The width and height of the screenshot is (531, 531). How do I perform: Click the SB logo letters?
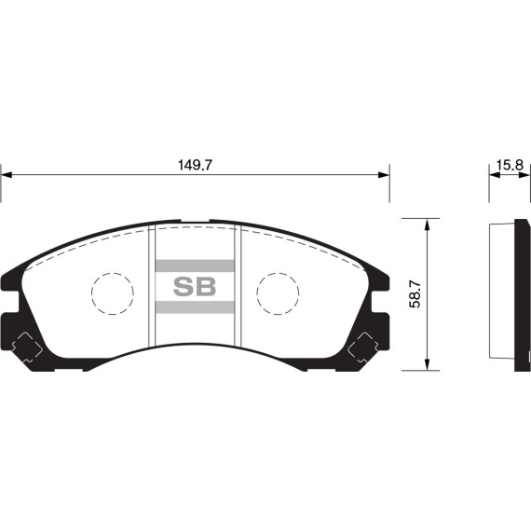[x=195, y=286]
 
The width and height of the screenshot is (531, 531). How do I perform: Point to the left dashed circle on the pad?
[x=113, y=293]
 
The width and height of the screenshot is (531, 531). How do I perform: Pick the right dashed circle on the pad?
[x=278, y=293]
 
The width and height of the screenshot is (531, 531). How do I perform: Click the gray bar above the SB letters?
[x=195, y=265]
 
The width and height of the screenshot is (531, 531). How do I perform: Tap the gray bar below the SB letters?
[x=195, y=307]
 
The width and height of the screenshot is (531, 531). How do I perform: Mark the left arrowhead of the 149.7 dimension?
[x=7, y=174]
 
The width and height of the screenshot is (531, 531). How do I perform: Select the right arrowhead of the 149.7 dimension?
[x=383, y=174]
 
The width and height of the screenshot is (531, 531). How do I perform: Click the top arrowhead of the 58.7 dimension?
[x=427, y=225]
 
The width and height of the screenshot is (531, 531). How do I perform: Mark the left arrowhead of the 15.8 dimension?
[x=494, y=174]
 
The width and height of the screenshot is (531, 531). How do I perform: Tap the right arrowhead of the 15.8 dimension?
[x=525, y=174]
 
